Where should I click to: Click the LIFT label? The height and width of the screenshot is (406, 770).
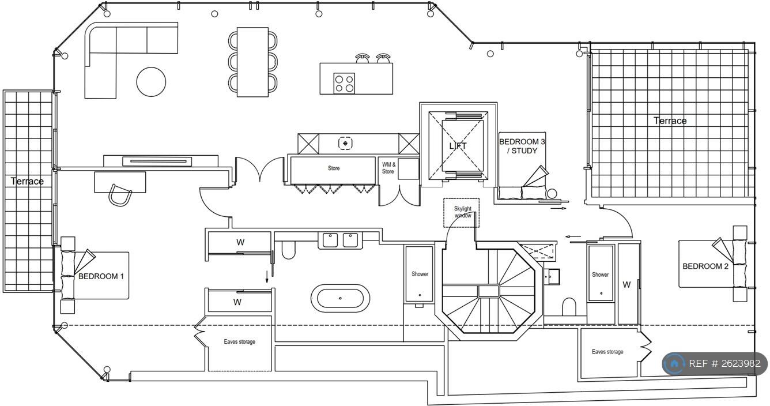pos(458,146)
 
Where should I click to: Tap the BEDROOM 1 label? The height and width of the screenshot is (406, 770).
pos(101,276)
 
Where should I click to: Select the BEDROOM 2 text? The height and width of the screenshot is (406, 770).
pos(705,266)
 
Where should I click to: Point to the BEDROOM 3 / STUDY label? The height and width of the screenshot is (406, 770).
pos(522,146)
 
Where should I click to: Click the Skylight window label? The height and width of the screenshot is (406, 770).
pos(462,212)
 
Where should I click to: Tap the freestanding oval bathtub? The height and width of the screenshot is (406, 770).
pos(340,298)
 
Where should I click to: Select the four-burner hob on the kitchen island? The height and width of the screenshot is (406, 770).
pos(344,83)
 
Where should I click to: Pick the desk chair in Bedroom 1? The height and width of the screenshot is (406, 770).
pos(120,194)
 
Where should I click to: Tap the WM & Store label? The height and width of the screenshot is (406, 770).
pos(388,168)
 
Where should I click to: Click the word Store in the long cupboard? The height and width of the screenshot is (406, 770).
pos(334,168)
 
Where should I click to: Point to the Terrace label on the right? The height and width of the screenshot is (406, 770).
pos(670,121)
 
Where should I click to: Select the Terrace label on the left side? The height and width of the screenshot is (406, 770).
pos(27,181)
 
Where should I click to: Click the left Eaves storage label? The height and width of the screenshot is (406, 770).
pos(239,342)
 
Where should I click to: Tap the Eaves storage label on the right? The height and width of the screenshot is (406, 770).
pos(607,352)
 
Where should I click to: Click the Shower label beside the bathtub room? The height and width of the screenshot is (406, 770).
pos(420,274)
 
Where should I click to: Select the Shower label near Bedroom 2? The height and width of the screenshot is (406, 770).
pos(600,275)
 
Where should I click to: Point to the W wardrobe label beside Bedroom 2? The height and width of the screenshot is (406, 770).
pos(626,284)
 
